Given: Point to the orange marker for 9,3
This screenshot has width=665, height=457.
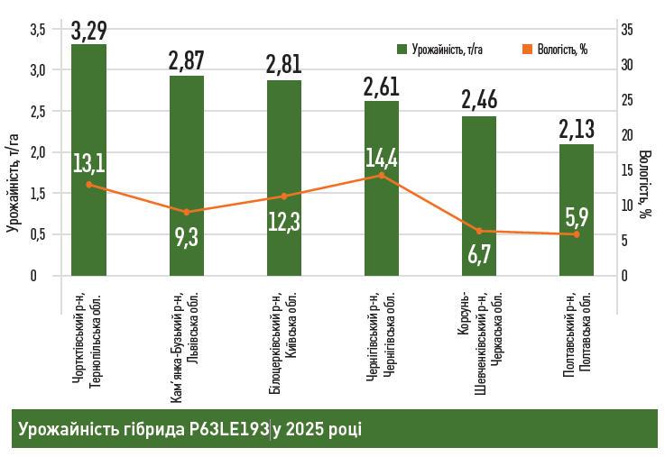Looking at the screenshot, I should pos(187,212).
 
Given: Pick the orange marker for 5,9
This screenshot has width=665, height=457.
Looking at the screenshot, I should pos(577,234).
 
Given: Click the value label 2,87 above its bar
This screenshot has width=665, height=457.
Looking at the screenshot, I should pos(187,60).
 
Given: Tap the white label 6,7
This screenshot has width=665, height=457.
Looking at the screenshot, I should pos(479,254).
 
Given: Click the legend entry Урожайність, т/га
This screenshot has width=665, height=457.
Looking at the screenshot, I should pos(439,50).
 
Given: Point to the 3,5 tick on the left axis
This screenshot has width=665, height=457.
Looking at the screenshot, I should pos(37,30).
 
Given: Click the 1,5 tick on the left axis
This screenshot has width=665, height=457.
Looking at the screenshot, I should pos(37,194).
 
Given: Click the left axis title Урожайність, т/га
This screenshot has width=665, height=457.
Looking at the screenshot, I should pos(13,180).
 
